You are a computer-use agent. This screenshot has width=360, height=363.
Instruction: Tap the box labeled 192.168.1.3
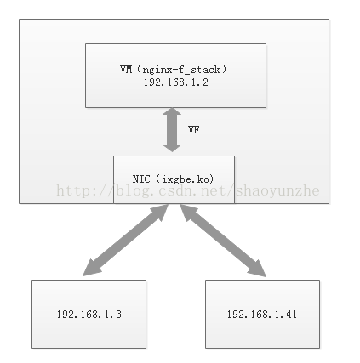pyautogui.click(x=89, y=314)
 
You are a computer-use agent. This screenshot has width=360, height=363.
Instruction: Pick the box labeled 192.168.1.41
pyautogui.click(x=262, y=314)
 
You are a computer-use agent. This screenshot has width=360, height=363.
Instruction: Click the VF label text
pyautogui.click(x=193, y=129)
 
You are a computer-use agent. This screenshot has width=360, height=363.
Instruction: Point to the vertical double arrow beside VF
pyautogui.click(x=173, y=128)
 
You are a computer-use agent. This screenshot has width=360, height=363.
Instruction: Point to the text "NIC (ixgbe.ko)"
pyautogui.click(x=173, y=179)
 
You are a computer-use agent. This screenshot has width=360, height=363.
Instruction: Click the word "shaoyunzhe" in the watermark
pyautogui.click(x=280, y=190)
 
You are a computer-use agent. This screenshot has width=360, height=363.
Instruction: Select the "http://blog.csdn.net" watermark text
pyautogui.click(x=145, y=190)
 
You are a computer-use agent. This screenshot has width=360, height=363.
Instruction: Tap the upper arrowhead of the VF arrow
pyautogui.click(x=173, y=111)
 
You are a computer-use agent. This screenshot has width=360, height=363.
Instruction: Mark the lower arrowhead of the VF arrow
pyautogui.click(x=173, y=146)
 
